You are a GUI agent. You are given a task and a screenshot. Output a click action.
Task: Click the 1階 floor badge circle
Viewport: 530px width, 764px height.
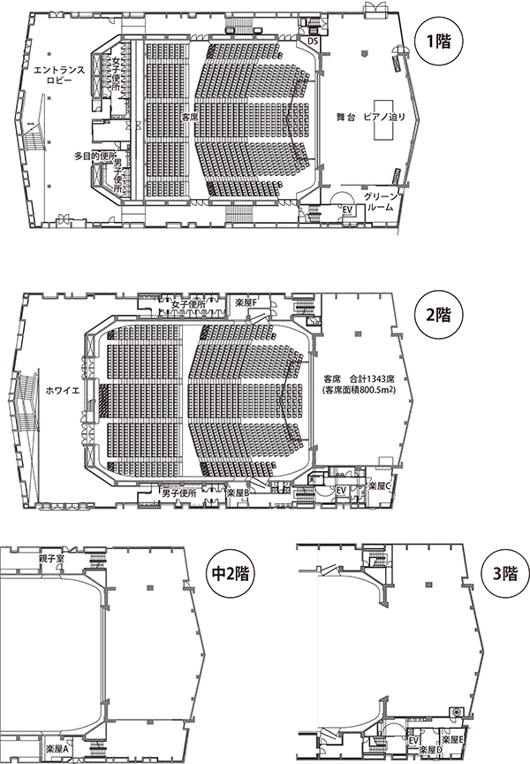[439, 42]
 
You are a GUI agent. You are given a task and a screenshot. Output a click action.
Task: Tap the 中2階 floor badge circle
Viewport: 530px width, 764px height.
[230, 574]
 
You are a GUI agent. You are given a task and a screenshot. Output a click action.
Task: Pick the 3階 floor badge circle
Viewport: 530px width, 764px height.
[503, 574]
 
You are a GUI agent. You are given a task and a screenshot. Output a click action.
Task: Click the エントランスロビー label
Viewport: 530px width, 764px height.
[59, 75]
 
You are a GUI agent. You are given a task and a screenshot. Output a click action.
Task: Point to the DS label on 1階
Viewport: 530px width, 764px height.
[313, 42]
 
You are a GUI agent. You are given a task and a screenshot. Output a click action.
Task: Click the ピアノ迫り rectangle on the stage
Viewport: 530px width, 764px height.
[383, 120]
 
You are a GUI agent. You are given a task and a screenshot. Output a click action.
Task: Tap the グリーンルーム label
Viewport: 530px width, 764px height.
[382, 202]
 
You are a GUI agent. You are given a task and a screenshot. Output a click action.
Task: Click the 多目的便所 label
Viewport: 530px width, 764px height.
[95, 157]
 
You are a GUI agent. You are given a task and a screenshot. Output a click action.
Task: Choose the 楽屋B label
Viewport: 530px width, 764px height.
[238, 493]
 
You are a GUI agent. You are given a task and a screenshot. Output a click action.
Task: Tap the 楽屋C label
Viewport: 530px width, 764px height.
[381, 485]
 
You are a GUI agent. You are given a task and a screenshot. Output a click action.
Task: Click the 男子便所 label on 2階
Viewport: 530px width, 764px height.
[179, 493]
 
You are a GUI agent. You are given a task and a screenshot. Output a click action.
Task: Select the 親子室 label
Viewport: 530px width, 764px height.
[51, 558]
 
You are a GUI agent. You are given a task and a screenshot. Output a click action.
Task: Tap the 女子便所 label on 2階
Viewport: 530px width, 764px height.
[188, 303]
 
